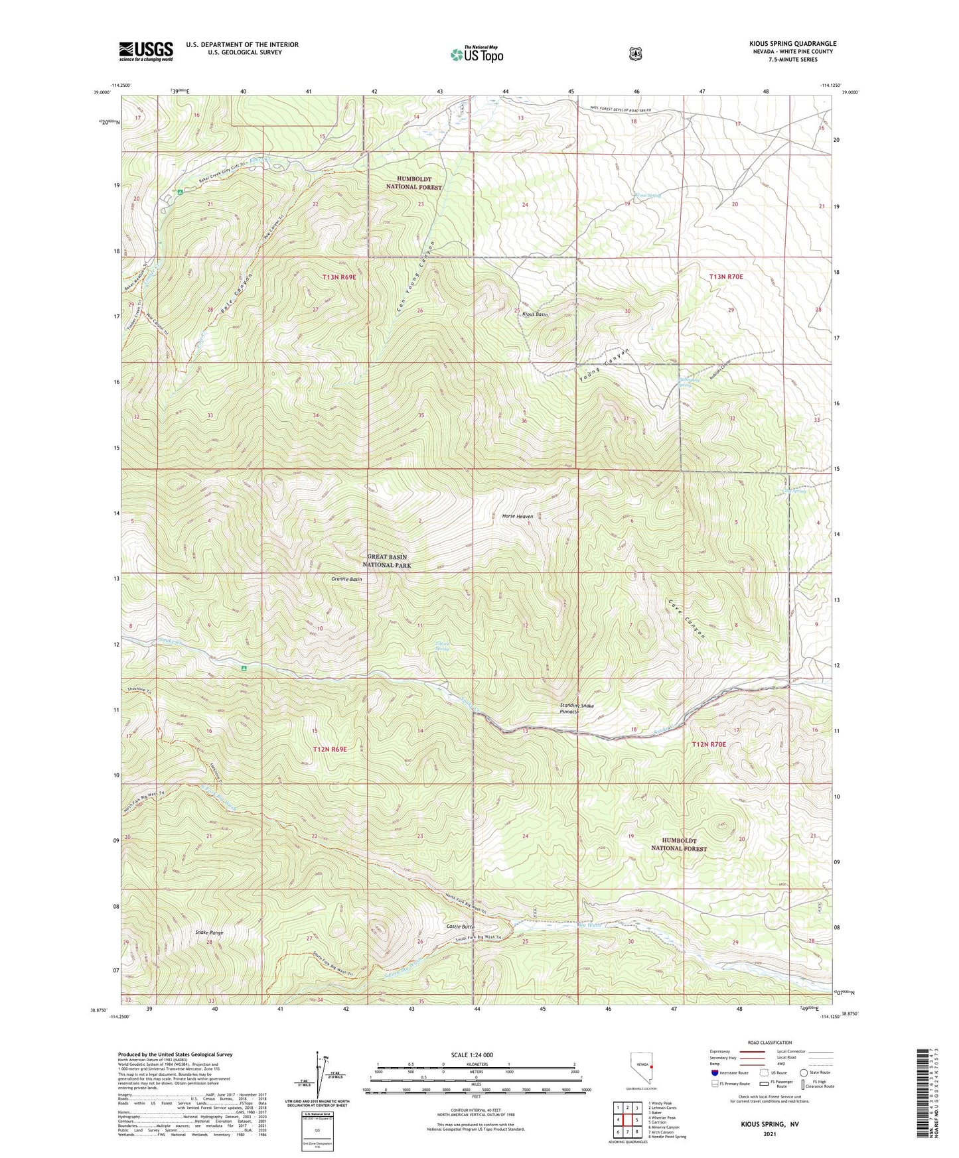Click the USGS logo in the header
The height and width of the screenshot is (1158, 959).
pos(146,51)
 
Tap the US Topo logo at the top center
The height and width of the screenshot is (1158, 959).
pos(477,54)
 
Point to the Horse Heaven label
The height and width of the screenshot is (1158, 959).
pos(518,516)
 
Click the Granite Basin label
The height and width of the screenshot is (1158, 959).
pos(346,579)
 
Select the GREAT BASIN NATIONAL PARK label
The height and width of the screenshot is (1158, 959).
pos(386,561)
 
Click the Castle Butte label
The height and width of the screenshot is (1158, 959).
pos(460,925)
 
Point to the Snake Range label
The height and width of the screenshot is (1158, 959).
pos(209,933)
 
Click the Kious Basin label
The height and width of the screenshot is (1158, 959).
pos(535,314)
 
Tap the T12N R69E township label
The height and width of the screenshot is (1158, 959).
pos(330,749)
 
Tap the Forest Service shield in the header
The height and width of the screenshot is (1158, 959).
pos(635,54)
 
